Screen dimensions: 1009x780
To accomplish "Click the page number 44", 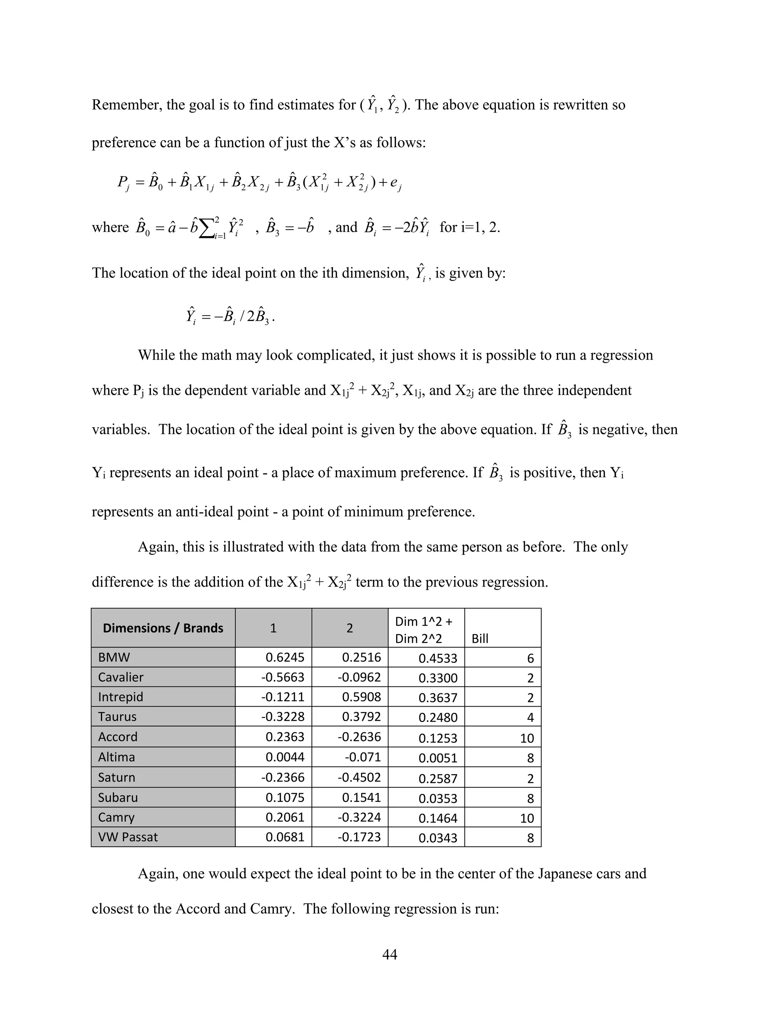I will point(390,955).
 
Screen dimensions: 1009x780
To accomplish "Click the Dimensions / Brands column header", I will point(163,628).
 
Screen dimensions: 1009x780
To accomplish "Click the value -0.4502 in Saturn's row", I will point(359,777).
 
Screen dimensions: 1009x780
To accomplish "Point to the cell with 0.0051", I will point(438,758).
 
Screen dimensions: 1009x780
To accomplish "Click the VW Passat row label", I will point(128,837).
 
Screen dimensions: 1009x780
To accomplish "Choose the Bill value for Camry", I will point(527,818).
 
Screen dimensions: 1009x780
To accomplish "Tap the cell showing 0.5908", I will point(361,697).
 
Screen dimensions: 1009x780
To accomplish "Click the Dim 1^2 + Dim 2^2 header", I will point(424,630).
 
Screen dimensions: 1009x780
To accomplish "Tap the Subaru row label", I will point(118,797).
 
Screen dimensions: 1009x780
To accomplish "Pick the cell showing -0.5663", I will point(282,677).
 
